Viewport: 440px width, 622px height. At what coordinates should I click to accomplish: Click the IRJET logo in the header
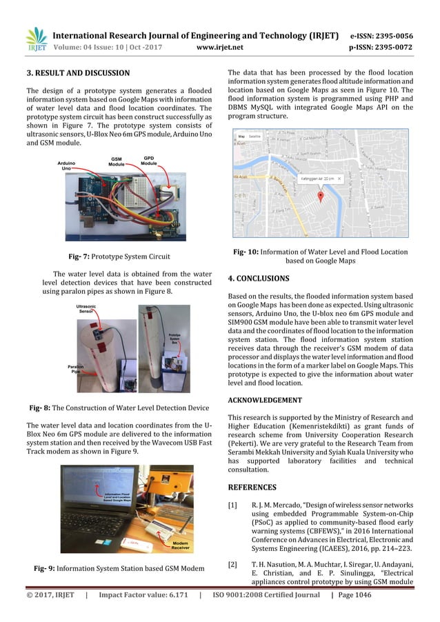[x=36, y=40]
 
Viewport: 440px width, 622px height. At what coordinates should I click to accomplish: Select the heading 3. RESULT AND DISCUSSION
[x=77, y=72]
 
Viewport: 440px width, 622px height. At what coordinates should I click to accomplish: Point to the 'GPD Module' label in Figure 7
[x=148, y=161]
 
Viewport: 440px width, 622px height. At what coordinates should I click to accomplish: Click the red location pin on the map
[x=320, y=197]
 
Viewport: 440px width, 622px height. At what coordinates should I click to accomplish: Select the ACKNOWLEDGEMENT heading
[x=265, y=399]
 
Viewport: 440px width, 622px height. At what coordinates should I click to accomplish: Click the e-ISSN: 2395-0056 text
[x=391, y=35]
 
